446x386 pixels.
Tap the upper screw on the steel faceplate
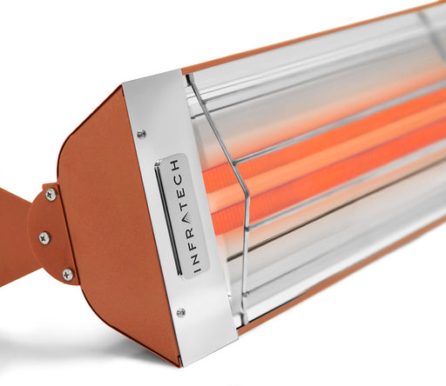142,133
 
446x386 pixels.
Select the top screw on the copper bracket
51,195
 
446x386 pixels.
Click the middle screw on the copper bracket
44,237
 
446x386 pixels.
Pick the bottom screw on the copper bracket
67,274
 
